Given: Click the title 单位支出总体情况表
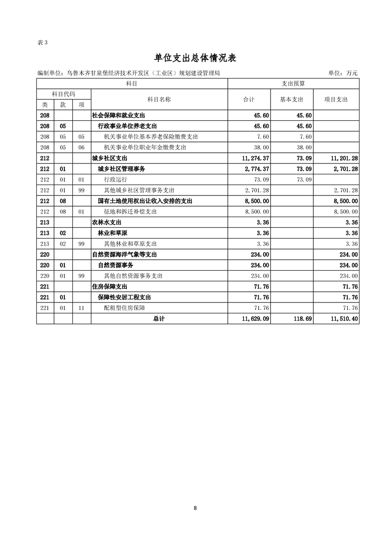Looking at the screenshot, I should pyautogui.click(x=195, y=58).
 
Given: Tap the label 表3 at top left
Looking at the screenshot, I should pyautogui.click(x=42, y=42).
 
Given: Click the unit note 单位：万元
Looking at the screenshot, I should pyautogui.click(x=343, y=73).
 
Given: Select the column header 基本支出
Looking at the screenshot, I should pyautogui.click(x=291, y=99).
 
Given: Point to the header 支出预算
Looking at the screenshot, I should pyautogui.click(x=293, y=84).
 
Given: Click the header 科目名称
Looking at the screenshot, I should pyautogui.click(x=159, y=99).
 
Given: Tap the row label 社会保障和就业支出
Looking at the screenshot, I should pyautogui.click(x=119, y=115).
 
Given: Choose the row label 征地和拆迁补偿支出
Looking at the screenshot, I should pyautogui.click(x=130, y=212).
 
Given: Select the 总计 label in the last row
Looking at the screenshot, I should pyautogui.click(x=159, y=319).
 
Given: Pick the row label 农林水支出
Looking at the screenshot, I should pyautogui.click(x=107, y=222).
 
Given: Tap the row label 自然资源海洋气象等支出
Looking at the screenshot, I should pyautogui.click(x=124, y=254).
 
